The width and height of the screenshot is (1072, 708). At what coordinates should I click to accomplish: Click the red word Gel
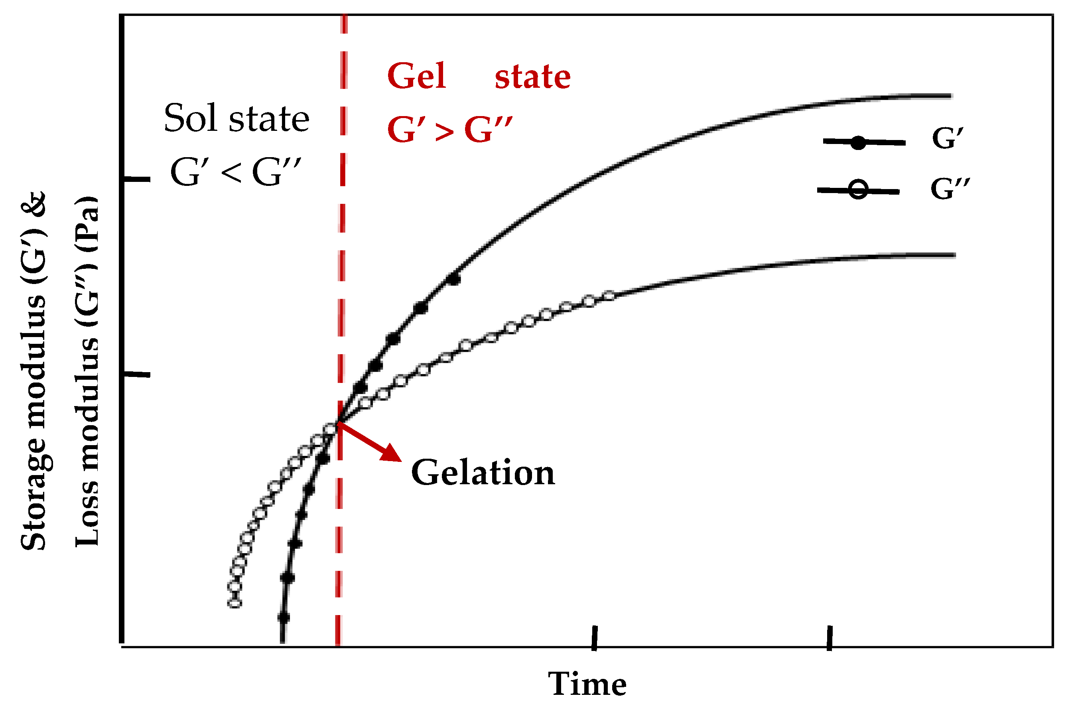(416, 76)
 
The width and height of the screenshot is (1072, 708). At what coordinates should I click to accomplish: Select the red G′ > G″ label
(449, 130)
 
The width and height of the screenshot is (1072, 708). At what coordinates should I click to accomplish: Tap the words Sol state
(236, 118)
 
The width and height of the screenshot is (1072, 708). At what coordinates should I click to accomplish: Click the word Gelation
(483, 473)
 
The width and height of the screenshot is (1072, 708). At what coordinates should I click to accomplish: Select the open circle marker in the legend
(857, 190)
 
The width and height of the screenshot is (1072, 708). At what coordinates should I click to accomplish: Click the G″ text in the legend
(950, 189)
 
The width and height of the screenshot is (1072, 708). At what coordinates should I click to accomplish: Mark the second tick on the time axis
(829, 638)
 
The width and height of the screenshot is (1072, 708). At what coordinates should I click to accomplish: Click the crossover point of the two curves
(339, 422)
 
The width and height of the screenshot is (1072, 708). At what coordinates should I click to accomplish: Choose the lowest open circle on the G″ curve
(235, 603)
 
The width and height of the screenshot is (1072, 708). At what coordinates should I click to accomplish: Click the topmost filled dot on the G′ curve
(453, 280)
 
